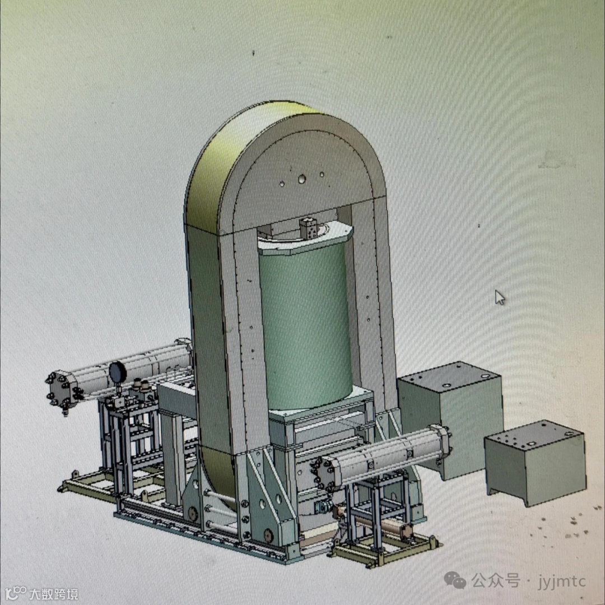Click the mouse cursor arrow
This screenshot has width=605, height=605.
point(500,297)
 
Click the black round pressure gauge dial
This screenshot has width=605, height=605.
point(118,371)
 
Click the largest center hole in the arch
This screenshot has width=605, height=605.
point(302,179)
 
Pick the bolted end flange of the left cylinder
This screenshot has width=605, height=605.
point(62,390)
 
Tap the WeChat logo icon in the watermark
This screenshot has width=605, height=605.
point(455,580)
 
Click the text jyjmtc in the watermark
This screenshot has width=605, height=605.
point(562,581)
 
